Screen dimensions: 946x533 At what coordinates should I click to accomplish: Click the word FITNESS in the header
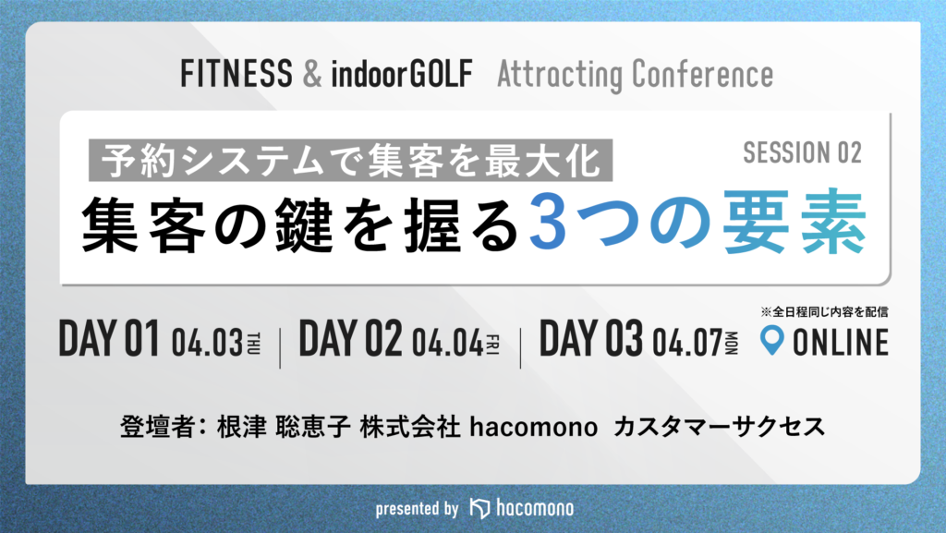coord(236,74)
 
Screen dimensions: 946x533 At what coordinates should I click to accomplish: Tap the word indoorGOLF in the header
coord(402,74)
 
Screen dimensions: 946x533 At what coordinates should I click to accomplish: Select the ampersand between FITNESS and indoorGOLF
coord(312,74)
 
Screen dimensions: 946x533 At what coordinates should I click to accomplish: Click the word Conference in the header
coord(702,75)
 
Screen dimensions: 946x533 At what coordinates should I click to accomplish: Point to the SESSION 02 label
coord(802,152)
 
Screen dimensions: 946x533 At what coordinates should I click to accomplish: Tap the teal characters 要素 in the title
coord(794,222)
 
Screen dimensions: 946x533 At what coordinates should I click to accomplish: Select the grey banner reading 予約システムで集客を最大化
coord(350,161)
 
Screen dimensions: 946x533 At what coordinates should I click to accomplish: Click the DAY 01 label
coord(109,338)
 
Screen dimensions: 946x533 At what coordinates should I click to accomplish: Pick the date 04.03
coord(207,343)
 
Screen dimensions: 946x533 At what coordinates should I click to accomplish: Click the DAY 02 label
coord(350,338)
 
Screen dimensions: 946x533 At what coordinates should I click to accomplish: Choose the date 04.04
coord(447,343)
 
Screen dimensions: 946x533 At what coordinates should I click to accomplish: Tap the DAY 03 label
coord(590,338)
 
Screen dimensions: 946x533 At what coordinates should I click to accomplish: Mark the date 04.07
coord(687,343)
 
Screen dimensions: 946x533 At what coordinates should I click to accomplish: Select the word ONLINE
coord(841,342)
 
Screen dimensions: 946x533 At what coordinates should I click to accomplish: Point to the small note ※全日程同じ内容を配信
coord(824,311)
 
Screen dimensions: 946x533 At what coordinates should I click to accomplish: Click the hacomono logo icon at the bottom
coord(479,508)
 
